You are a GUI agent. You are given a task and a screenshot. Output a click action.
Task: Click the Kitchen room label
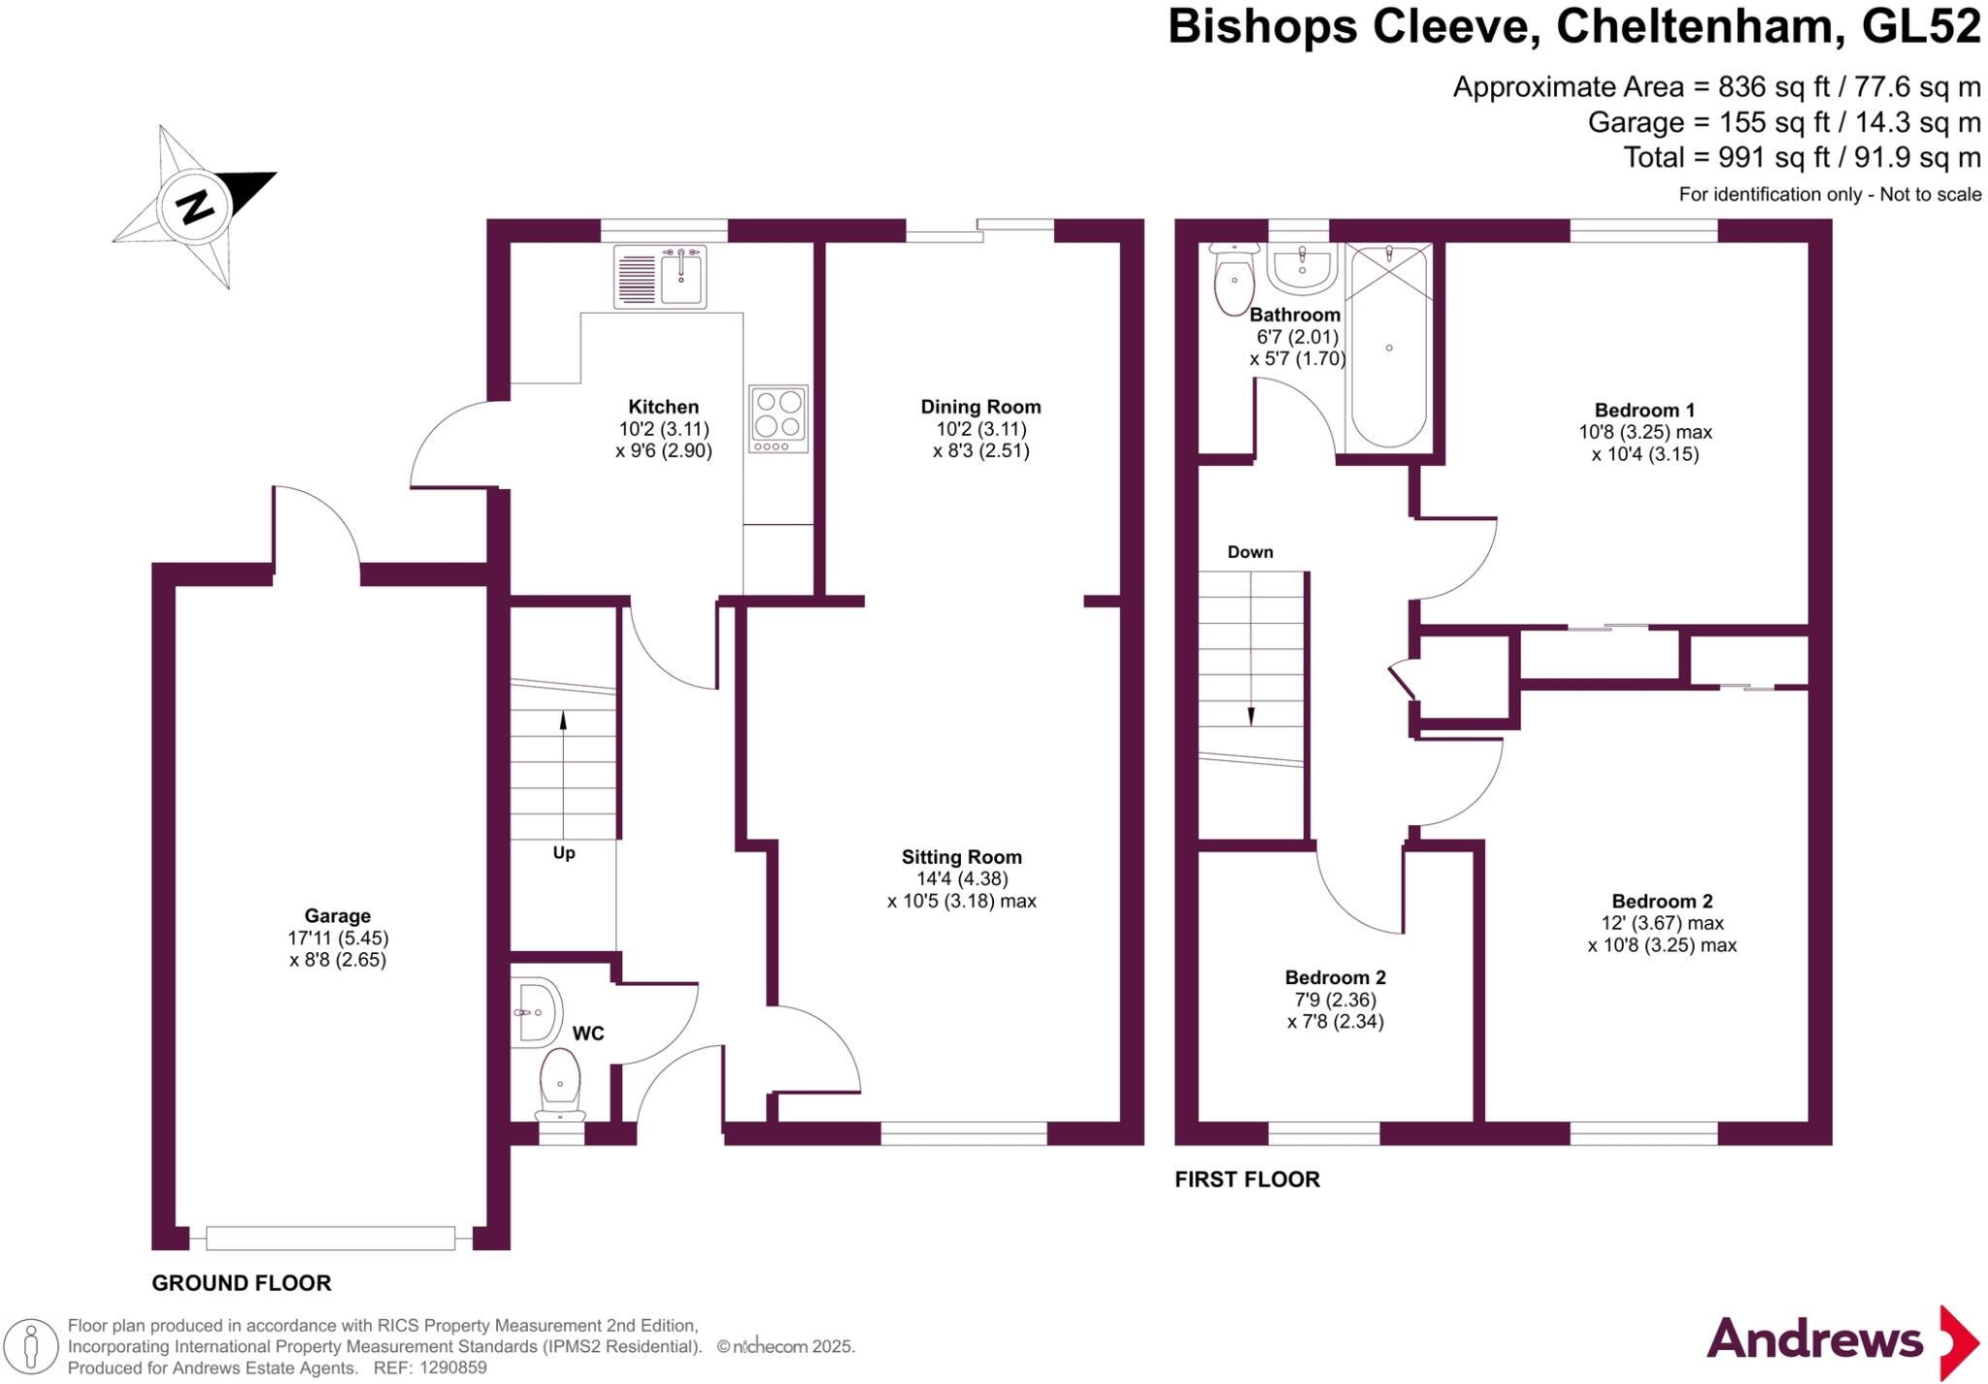point(663,407)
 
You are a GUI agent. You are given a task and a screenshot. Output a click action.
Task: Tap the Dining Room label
point(980,407)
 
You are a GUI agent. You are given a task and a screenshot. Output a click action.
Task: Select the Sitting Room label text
point(961,857)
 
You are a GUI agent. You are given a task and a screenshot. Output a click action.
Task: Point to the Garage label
point(338,915)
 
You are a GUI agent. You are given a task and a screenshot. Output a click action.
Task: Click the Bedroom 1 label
point(1644,410)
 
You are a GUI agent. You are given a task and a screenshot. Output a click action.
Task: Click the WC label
point(588,1034)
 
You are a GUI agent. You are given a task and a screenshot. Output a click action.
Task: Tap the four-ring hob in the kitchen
point(779,418)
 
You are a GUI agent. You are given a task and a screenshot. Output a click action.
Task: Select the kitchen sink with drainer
point(660,277)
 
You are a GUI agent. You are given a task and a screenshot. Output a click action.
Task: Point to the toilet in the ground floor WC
point(560,1084)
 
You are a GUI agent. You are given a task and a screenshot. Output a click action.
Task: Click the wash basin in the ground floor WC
point(535,1012)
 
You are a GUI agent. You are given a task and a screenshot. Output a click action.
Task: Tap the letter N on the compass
point(196,206)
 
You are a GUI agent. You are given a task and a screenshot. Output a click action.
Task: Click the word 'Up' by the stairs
point(564,853)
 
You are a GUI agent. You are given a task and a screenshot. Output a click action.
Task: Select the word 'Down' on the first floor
point(1250,552)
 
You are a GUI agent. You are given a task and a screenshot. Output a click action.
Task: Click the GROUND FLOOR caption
point(242,1283)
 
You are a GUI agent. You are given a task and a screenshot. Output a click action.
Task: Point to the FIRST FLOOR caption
point(1247,1179)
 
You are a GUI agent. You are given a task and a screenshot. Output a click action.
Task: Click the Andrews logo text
point(1814,1340)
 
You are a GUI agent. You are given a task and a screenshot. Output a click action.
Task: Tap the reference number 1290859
point(450,1368)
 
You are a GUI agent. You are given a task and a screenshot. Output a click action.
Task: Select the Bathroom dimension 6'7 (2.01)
point(1297,337)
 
